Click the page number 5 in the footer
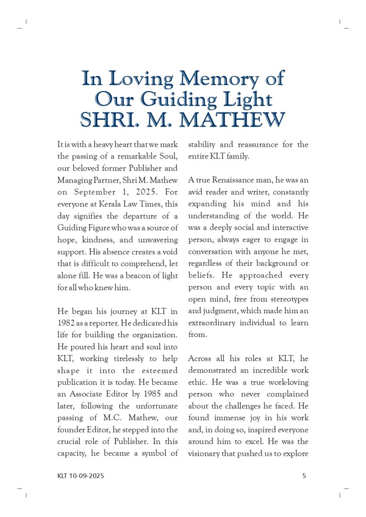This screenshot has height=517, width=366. coord(304,476)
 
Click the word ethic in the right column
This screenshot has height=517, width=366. coord(197,382)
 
